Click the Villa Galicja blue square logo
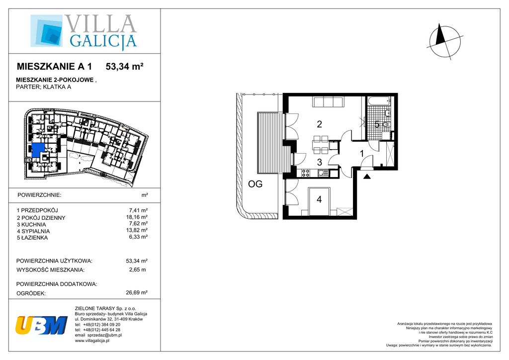[46, 30]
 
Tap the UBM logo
[41, 325]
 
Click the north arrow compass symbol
[445, 42]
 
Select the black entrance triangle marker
[367, 177]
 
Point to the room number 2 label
[320, 124]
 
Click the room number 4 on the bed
[319, 199]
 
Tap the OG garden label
[255, 184]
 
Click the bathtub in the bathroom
[379, 101]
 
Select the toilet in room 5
[386, 124]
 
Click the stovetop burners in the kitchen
[306, 173]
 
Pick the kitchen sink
[322, 173]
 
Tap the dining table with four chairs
[321, 145]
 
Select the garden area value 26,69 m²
[137, 292]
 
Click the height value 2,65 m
[137, 270]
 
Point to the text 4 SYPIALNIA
[33, 231]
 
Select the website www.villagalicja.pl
[92, 341]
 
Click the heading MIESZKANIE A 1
[54, 67]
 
